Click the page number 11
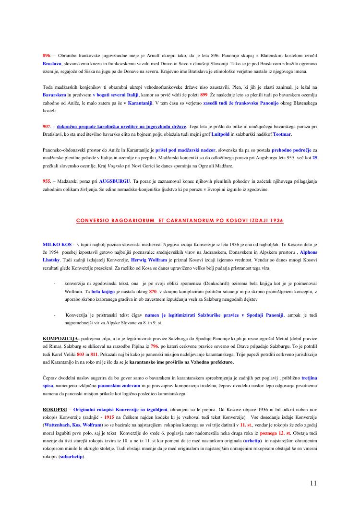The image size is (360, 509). [x=313, y=483]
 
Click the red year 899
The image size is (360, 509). [x=204, y=95]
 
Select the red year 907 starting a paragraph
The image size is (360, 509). [x=47, y=126]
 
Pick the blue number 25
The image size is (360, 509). [x=314, y=158]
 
